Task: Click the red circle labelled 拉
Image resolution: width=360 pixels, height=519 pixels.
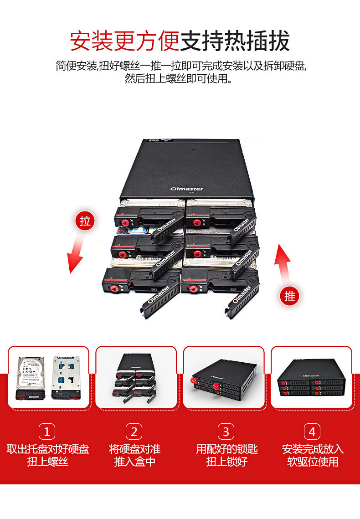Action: pyautogui.click(x=85, y=221)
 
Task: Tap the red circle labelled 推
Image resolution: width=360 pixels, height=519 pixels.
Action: pyautogui.click(x=290, y=296)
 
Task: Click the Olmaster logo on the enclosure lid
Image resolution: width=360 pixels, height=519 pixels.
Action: pyautogui.click(x=186, y=189)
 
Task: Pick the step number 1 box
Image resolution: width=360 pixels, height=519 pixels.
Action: pyautogui.click(x=47, y=431)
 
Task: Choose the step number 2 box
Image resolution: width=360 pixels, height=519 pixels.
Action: pyautogui.click(x=134, y=431)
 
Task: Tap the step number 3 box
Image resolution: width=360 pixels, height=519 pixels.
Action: pyautogui.click(x=226, y=431)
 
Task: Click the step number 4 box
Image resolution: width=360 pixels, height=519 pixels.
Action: pyautogui.click(x=312, y=431)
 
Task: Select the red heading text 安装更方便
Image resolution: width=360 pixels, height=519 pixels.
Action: pyautogui.click(x=124, y=41)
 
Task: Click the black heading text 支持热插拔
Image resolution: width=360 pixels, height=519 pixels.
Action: pyautogui.click(x=235, y=41)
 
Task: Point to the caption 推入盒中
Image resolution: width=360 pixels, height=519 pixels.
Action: pyautogui.click(x=134, y=462)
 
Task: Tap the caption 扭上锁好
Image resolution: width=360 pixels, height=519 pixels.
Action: pyautogui.click(x=226, y=462)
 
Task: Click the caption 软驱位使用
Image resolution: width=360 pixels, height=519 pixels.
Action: pyautogui.click(x=313, y=462)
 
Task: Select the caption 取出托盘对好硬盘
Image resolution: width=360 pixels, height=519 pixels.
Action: pyautogui.click(x=48, y=449)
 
